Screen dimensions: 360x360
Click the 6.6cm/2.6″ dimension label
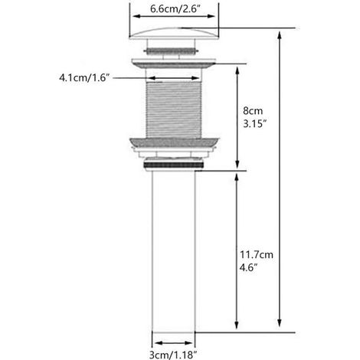click(175, 9)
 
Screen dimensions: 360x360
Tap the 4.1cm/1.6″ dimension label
click(84, 77)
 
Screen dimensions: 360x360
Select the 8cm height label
click(253, 111)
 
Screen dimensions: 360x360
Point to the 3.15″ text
click(255, 124)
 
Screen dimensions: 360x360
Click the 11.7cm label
click(256, 254)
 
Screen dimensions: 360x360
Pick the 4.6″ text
click(248, 267)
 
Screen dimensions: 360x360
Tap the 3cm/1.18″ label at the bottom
click(173, 355)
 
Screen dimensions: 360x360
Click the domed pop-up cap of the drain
click(174, 33)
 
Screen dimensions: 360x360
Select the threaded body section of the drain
click(174, 110)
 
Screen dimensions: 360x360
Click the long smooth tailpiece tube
click(173, 251)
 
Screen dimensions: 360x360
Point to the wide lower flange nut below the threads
click(174, 142)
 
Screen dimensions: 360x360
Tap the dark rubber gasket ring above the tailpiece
click(174, 165)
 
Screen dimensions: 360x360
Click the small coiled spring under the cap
click(171, 51)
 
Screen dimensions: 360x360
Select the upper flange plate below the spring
click(174, 63)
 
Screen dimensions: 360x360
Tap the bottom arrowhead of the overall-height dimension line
click(280, 322)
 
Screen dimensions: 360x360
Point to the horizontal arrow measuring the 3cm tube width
click(174, 343)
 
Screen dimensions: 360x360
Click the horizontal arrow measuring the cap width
click(174, 16)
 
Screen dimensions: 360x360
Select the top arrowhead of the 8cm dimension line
click(237, 70)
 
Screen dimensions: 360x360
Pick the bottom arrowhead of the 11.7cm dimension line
click(237, 325)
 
